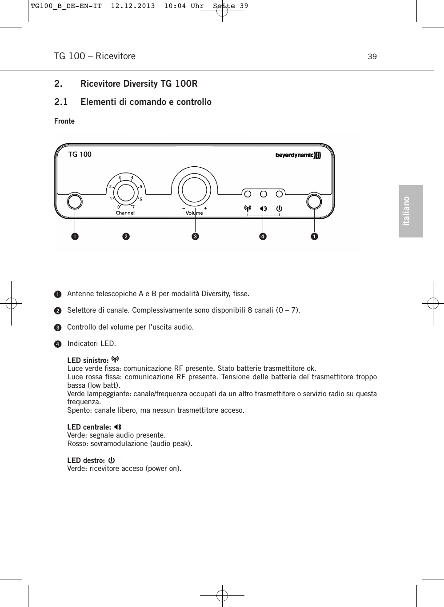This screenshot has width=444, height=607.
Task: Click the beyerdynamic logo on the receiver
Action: click(298, 155)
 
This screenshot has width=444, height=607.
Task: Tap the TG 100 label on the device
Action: click(80, 154)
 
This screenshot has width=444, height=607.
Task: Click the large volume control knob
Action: click(194, 189)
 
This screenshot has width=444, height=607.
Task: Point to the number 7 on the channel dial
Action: click(133, 207)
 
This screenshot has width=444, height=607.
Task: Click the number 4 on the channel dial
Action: click(132, 178)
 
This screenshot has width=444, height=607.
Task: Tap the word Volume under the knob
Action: click(194, 213)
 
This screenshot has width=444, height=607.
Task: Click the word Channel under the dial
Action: click(125, 213)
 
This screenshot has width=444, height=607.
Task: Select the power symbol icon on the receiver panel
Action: click(279, 208)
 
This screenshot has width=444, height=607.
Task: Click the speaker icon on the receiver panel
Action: click(264, 208)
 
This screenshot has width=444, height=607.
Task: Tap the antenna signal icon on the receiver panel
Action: click(248, 208)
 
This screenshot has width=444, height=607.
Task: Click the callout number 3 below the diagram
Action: click(195, 236)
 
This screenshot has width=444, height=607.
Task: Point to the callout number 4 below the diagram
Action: click(263, 236)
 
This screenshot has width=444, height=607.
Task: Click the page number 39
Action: click(372, 56)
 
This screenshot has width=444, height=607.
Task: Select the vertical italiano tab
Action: click(411, 211)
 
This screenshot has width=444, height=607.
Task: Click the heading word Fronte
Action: click(64, 121)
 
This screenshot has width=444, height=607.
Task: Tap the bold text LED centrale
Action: click(89, 427)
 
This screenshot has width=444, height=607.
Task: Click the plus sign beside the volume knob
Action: click(205, 208)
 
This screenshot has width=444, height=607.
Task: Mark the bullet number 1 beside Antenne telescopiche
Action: click(58, 294)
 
